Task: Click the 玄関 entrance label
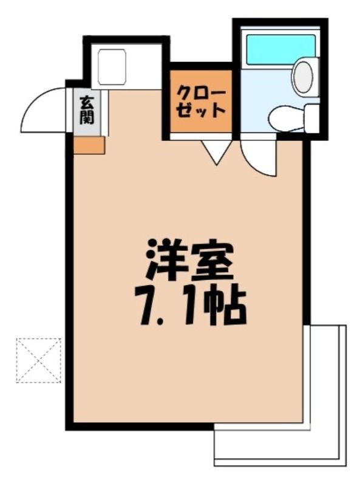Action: point(87,110)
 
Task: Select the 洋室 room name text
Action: point(189,260)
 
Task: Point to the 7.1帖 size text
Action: point(190,304)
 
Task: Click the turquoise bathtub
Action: point(280,50)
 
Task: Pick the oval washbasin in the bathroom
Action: point(304,77)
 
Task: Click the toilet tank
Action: point(311,118)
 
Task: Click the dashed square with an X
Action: point(39,360)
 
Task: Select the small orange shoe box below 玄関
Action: point(89,145)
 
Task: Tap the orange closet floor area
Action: point(201,101)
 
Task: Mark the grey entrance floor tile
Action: point(87,112)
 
